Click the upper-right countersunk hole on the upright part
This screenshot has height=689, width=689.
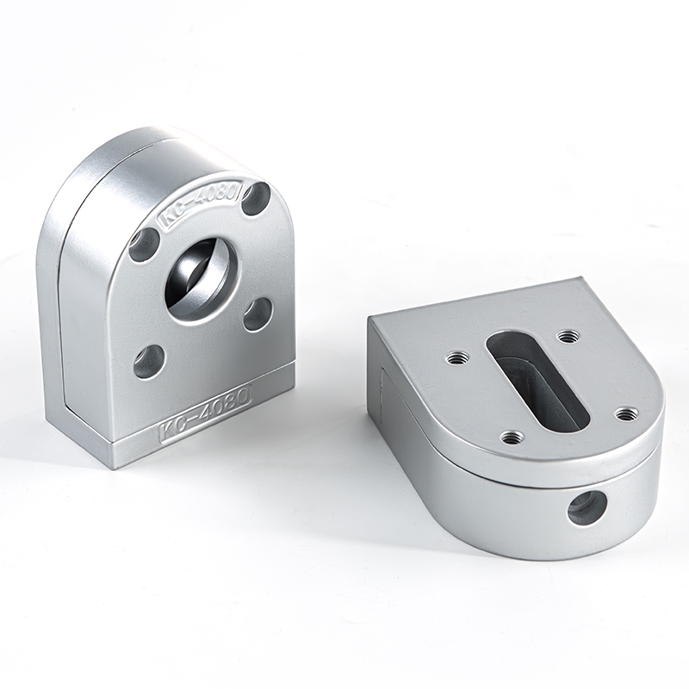coord(258,198)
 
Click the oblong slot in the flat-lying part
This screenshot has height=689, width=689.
coord(538,379)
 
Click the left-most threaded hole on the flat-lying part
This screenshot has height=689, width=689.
coord(456,358)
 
